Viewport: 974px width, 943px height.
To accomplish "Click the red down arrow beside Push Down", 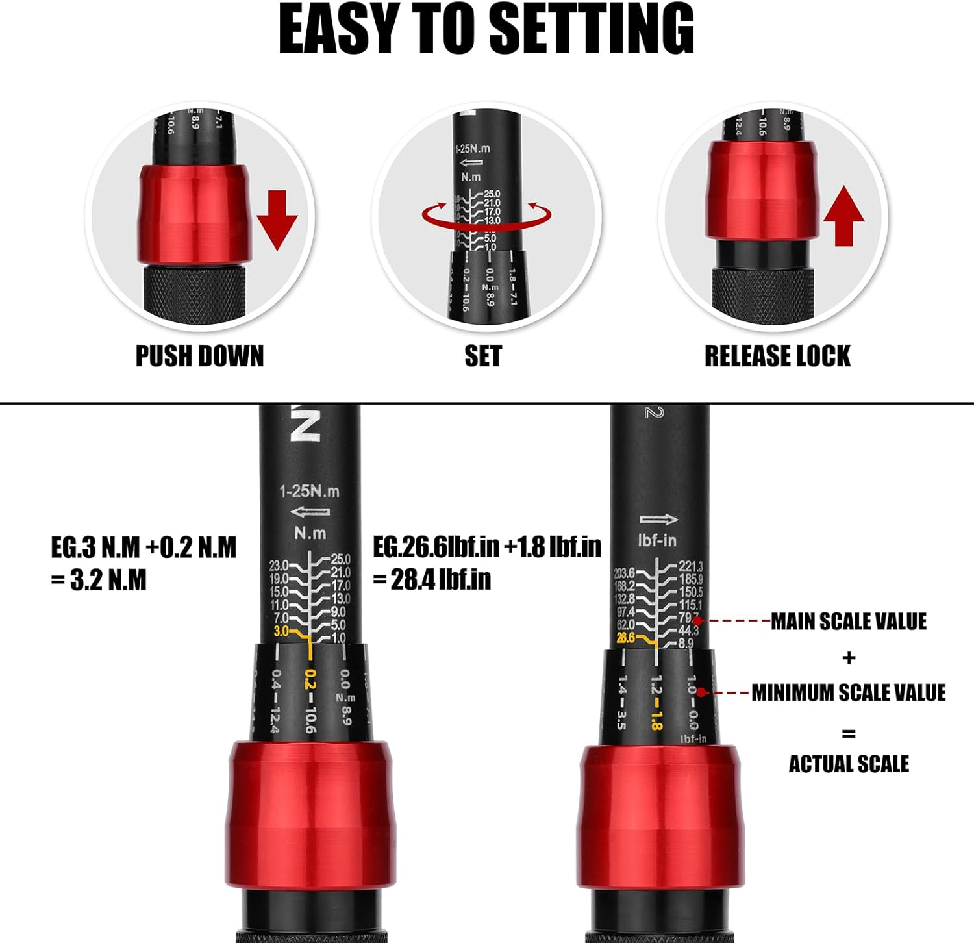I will tap(277, 220).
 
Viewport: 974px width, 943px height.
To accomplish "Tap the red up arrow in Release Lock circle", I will tap(843, 216).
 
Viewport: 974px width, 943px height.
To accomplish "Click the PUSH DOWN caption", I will tap(199, 357).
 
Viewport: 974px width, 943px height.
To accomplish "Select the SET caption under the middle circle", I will tap(482, 357).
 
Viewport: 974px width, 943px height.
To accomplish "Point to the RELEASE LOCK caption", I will tap(777, 357).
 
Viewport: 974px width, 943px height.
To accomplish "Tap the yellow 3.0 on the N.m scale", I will tap(281, 631).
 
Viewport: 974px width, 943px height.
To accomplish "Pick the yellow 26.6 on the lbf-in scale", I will tap(626, 638).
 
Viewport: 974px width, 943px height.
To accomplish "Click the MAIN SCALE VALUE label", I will tap(848, 622).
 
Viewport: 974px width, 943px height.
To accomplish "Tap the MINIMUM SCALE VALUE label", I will tap(848, 693).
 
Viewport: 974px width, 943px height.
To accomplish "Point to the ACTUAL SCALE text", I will tap(848, 764).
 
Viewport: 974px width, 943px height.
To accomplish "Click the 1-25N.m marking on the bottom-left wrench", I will tap(309, 492).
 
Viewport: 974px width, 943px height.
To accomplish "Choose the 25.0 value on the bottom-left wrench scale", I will tap(340, 559).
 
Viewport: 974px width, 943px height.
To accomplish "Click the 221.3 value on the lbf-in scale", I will tap(690, 567).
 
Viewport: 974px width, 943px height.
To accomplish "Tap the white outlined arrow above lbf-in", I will tap(658, 520).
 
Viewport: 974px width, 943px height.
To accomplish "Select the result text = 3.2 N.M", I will tap(99, 580).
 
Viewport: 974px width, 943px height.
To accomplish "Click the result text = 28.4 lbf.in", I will tap(432, 580).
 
